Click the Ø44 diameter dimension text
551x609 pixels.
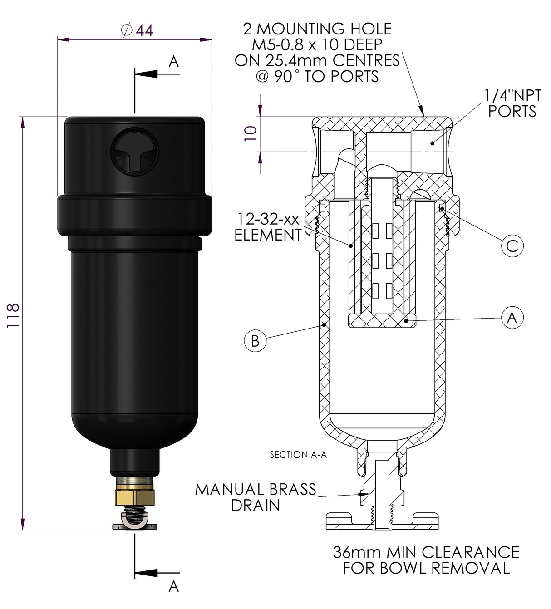tap(137, 30)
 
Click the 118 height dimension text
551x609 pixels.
tap(13, 315)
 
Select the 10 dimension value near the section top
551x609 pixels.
tap(251, 133)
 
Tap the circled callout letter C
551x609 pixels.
tap(512, 246)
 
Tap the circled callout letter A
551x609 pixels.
tap(512, 318)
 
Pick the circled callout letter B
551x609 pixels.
tap(255, 340)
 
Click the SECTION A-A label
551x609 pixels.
tap(298, 455)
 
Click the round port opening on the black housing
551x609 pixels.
tap(135, 151)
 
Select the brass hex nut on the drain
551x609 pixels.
tap(134, 496)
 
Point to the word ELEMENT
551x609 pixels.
tap(268, 235)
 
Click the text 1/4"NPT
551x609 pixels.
tap(512, 96)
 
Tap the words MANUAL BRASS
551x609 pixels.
tap(256, 489)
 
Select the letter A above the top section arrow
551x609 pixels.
tap(174, 62)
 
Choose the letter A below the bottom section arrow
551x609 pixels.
tap(174, 586)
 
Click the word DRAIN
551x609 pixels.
tap(256, 505)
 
